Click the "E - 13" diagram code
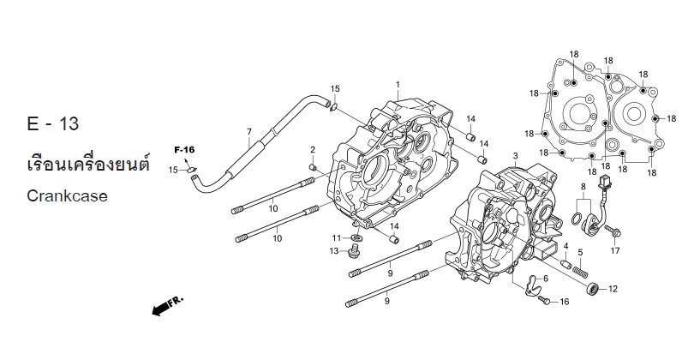pyautogui.click(x=53, y=124)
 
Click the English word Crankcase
pyautogui.click(x=67, y=195)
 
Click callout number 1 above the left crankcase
pyautogui.click(x=398, y=85)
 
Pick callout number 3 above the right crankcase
pyautogui.click(x=514, y=156)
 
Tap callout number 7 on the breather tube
pyautogui.click(x=248, y=132)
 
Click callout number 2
pyautogui.click(x=314, y=150)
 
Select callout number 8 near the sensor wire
pyautogui.click(x=583, y=186)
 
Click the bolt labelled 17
pyautogui.click(x=617, y=231)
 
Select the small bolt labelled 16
pyautogui.click(x=545, y=300)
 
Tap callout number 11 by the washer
pyautogui.click(x=337, y=237)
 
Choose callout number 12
pyautogui.click(x=613, y=289)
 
